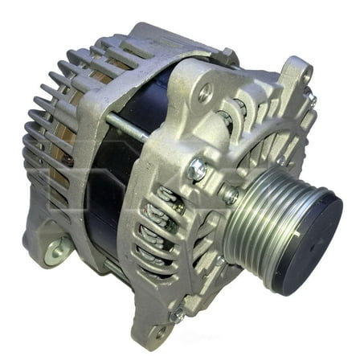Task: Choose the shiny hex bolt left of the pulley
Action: coord(194,170)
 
